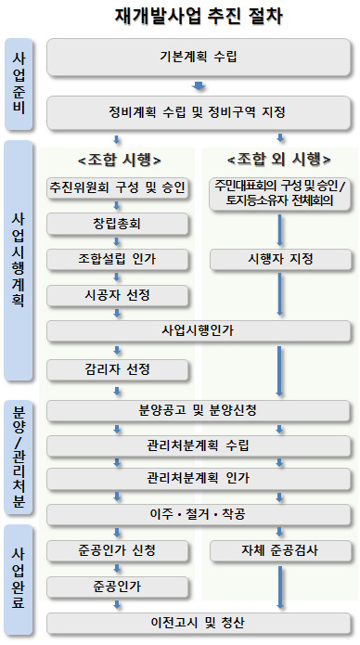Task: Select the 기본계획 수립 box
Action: point(198,58)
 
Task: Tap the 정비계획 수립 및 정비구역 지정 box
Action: point(198,113)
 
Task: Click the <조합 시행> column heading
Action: point(117,158)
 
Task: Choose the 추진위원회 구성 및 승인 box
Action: point(118,188)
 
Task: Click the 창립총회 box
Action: point(118,224)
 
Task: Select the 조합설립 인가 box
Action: point(118,259)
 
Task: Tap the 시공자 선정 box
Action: point(118,294)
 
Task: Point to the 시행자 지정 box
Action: point(279,259)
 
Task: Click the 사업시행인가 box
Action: point(198,330)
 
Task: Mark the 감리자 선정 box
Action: point(118,369)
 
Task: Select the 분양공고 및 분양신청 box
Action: point(198,409)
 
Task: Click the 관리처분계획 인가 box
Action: point(198,479)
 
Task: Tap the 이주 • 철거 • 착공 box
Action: point(198,513)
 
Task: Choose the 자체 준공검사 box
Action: point(279,549)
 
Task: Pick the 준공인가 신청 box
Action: point(118,549)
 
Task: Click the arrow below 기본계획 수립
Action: point(198,86)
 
